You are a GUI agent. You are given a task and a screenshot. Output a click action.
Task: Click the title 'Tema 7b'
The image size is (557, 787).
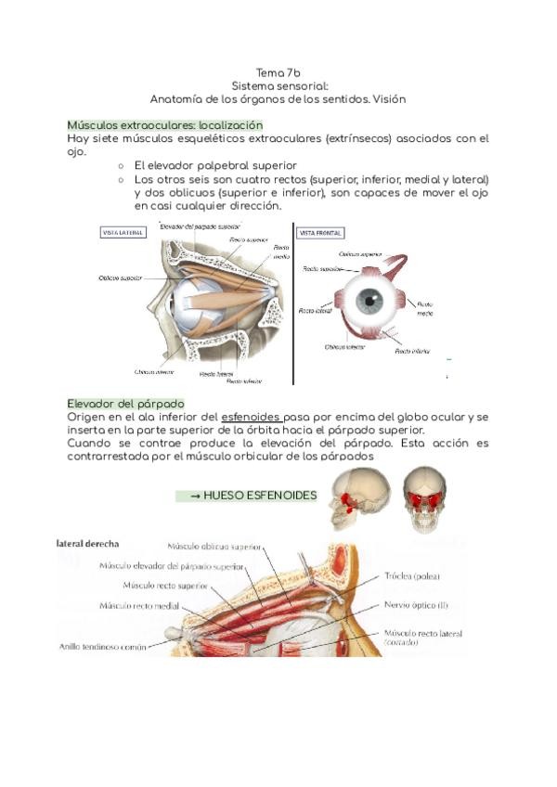278,72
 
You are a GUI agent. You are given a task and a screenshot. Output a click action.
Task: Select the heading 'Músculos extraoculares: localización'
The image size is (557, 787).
165,124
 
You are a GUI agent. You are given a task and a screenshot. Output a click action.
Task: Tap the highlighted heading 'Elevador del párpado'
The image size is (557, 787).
126,404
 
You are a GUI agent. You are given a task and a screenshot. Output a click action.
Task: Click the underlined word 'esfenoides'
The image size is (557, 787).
252,418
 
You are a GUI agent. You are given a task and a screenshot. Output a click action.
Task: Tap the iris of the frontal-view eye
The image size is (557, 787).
370,301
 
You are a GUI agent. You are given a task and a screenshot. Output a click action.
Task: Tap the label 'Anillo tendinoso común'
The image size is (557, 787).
102,647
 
